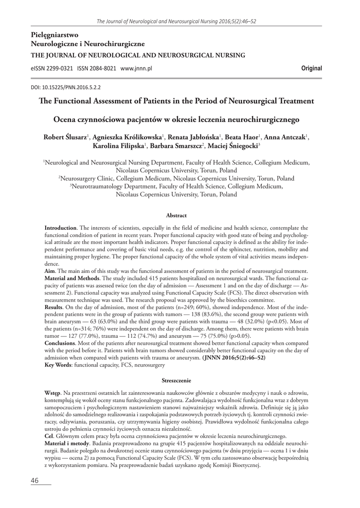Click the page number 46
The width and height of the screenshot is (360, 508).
[34, 481]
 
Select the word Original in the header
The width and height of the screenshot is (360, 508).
[311, 68]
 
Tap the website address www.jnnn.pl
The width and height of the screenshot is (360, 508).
[136, 68]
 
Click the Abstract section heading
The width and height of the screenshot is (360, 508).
[176, 215]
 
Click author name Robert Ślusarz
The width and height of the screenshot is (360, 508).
[65, 137]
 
